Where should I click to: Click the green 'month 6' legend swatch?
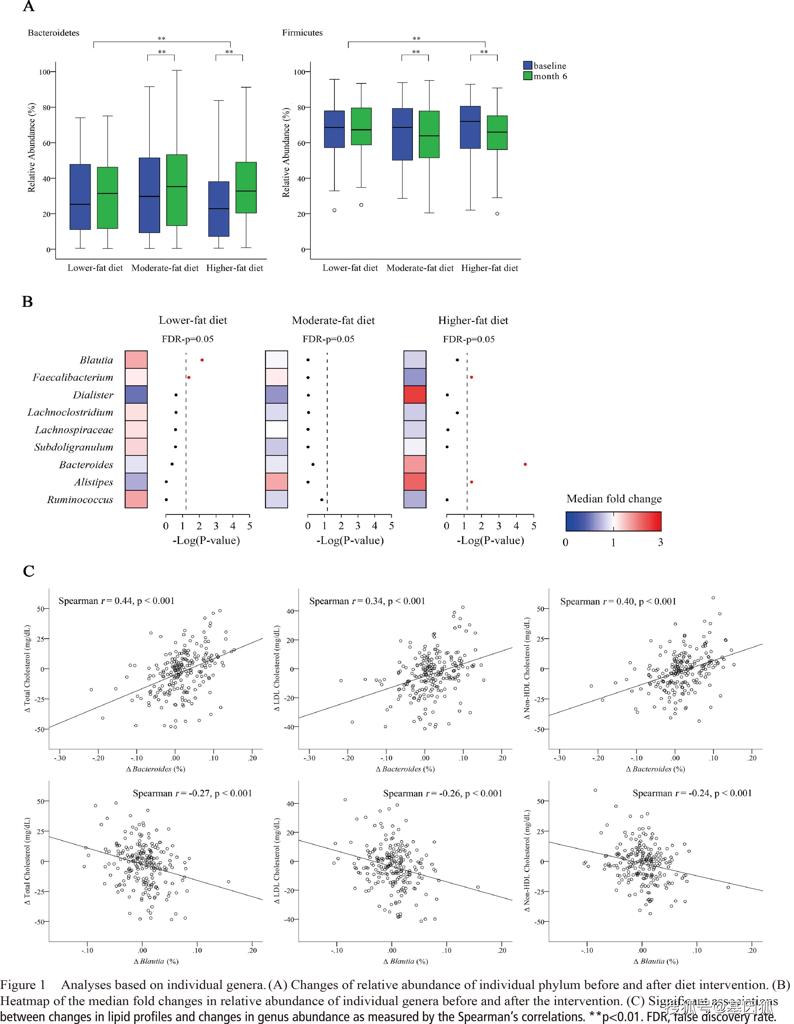tap(528, 76)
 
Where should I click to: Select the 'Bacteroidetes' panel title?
tap(53, 33)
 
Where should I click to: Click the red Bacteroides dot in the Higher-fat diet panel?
tap(525, 464)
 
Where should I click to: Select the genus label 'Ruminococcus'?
tap(80, 500)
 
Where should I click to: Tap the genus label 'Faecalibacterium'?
tap(73, 377)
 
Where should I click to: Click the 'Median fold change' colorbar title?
tap(614, 499)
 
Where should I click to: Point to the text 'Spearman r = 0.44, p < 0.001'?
tap(116, 601)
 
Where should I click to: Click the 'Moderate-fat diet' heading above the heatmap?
tap(333, 321)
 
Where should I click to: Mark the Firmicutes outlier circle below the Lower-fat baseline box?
tap(334, 210)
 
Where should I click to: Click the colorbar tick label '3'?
tap(660, 543)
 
